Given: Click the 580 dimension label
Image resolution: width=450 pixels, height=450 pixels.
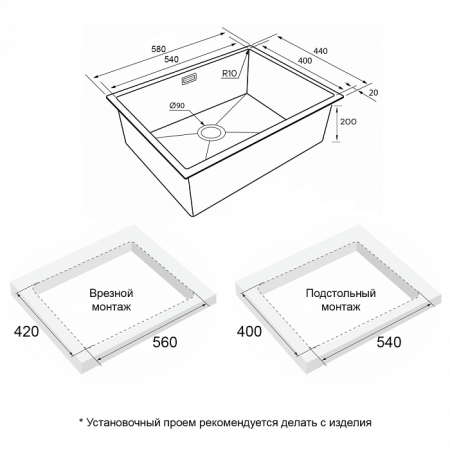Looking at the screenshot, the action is click(x=158, y=49).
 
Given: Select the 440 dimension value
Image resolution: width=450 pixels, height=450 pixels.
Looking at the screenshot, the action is click(x=321, y=51).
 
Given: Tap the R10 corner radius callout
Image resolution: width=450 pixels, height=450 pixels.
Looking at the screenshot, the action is click(x=229, y=74).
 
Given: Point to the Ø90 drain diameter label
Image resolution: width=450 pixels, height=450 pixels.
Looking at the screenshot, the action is click(x=177, y=105).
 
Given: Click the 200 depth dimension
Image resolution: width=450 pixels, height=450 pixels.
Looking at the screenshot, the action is click(x=348, y=122).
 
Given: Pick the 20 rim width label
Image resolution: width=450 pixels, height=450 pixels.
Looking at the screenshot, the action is click(x=374, y=92).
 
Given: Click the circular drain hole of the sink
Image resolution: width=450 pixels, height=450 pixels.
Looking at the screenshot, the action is click(x=212, y=132).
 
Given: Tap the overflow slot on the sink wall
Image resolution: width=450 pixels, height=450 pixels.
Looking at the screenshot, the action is click(x=189, y=80).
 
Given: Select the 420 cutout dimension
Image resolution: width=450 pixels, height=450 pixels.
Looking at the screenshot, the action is click(x=26, y=331).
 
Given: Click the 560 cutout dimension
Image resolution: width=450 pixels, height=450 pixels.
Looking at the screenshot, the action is click(x=165, y=342).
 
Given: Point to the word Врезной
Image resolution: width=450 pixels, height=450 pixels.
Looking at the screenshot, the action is click(x=111, y=293).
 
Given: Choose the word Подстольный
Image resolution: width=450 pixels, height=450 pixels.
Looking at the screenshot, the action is click(x=341, y=293).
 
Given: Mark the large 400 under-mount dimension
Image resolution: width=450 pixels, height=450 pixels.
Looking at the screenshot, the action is click(x=249, y=331).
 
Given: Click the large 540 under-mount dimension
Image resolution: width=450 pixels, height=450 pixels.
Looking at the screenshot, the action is click(x=389, y=342).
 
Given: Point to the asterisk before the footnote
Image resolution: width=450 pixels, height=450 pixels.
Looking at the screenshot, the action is click(x=80, y=421).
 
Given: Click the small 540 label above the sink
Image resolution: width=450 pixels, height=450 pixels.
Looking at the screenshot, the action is click(x=172, y=59).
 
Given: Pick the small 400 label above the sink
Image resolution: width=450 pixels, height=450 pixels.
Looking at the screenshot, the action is click(x=305, y=61).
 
